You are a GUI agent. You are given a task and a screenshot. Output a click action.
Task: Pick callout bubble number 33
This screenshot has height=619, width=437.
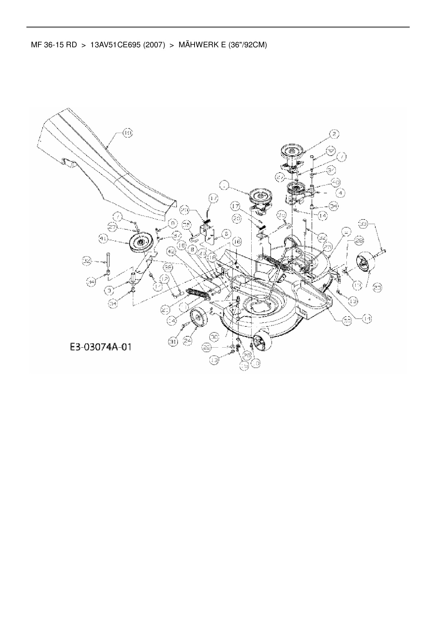[364, 223]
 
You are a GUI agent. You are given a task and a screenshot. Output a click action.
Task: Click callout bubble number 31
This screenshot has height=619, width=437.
[173, 341]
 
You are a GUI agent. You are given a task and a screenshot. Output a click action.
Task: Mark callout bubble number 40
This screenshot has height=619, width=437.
[336, 182]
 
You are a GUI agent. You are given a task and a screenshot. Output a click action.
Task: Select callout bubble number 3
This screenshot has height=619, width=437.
[110, 290]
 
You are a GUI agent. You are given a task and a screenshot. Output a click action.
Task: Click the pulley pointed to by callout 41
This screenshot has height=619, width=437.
[139, 242]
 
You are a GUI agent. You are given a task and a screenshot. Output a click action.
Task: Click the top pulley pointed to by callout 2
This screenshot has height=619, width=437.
[293, 152]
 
